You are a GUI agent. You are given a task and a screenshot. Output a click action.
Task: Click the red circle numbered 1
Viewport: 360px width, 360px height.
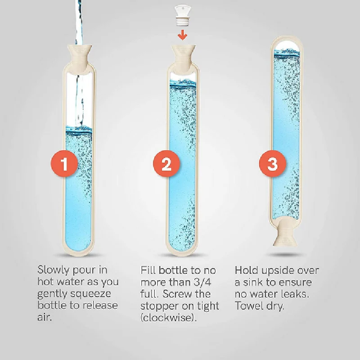[x=64, y=164]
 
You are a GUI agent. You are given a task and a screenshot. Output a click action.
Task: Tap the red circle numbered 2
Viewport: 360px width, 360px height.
[x=166, y=164]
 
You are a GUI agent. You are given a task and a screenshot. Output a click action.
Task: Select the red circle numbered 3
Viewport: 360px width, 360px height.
[x=273, y=164]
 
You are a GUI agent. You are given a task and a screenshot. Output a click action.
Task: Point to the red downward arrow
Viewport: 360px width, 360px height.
[x=183, y=35]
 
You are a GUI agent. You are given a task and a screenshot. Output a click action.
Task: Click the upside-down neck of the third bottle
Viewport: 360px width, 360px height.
[x=285, y=233]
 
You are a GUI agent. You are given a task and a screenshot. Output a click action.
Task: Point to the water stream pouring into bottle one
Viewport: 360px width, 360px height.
[x=79, y=62]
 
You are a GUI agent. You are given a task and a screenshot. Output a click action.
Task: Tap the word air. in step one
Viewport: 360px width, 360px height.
[x=45, y=317]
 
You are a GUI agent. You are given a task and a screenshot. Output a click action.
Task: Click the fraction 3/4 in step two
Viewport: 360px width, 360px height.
[x=202, y=282]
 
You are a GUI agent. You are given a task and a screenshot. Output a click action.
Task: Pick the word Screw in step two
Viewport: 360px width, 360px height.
[x=177, y=294]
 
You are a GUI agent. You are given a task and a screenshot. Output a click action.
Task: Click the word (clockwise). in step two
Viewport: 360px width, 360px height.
[x=169, y=318]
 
